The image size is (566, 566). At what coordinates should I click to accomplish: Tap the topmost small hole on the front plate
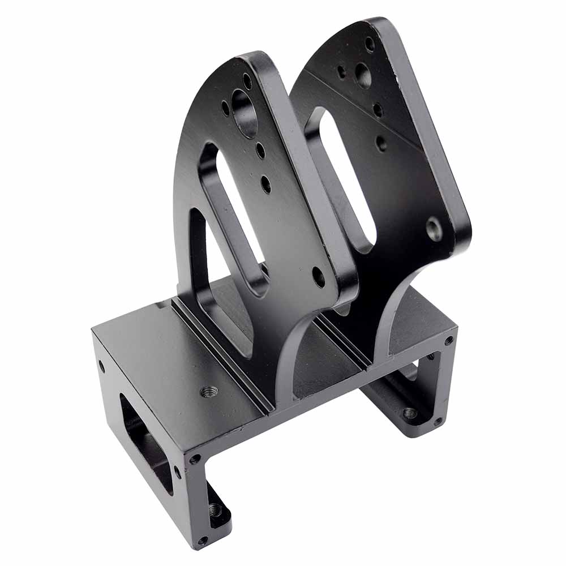point(247,81)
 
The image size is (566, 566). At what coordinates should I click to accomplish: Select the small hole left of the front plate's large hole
point(226,107)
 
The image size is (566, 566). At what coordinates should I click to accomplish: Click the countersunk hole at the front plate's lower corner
point(319,277)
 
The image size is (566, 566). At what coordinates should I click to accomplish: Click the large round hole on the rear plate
point(363,74)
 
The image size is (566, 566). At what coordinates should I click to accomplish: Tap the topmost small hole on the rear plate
point(370,44)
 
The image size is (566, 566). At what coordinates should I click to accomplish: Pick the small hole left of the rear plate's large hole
point(342,72)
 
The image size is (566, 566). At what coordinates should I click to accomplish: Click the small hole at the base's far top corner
point(448,340)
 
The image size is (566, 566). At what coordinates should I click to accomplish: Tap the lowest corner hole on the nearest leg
point(201,540)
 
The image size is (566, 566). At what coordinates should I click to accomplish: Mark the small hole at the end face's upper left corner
point(102,366)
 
